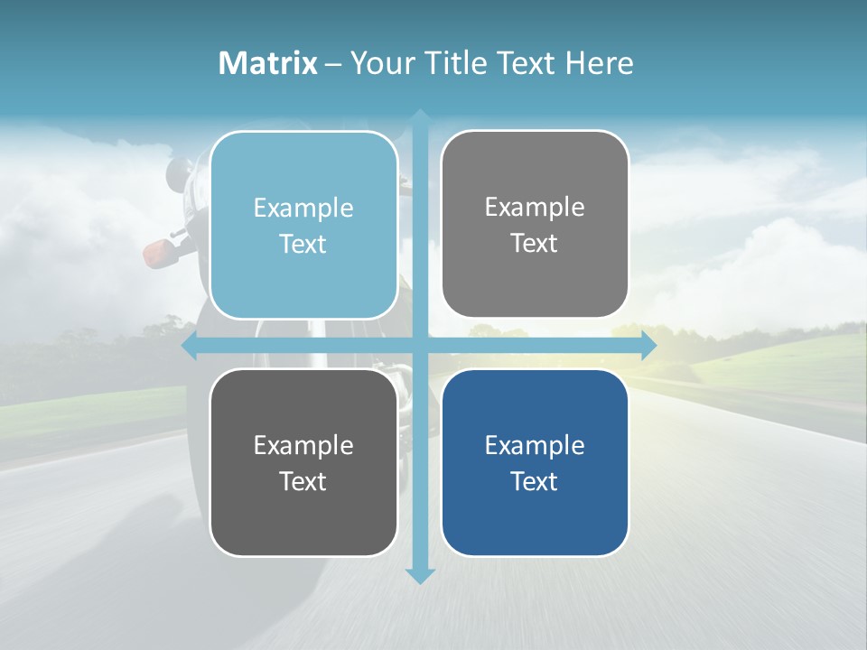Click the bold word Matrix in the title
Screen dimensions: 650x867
point(268,63)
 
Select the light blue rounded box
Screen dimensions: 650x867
point(303,225)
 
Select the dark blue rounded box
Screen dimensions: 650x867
point(535,462)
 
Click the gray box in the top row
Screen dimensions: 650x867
point(535,224)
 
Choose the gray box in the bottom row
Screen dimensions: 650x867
point(303,462)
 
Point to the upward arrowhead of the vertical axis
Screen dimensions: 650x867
point(420,117)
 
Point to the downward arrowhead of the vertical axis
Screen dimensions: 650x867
point(420,575)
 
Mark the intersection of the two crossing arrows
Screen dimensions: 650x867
point(420,346)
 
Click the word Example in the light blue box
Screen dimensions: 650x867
point(303,208)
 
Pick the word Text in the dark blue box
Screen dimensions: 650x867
point(535,481)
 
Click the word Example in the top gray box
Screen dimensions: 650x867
point(535,207)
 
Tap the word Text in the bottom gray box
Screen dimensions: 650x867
point(303,481)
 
